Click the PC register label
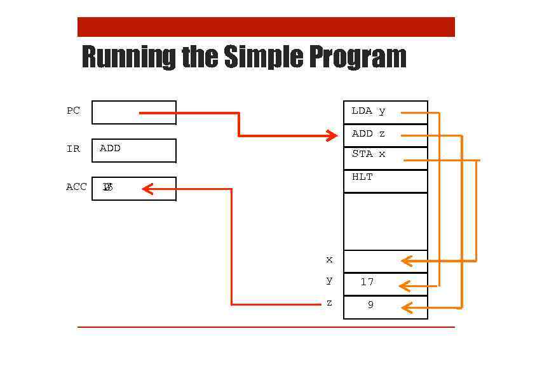click(74, 111)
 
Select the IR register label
click(74, 149)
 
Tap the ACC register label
click(76, 187)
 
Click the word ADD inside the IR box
click(110, 148)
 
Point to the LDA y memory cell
click(369, 111)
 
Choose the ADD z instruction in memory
click(369, 133)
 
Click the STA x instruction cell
click(369, 154)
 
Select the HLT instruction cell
click(362, 177)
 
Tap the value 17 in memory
click(367, 281)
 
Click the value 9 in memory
click(370, 305)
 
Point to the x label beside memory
click(329, 259)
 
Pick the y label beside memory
click(329, 280)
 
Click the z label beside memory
click(329, 303)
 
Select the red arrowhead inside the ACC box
click(148, 189)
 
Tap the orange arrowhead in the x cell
click(407, 260)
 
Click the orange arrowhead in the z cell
click(407, 308)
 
